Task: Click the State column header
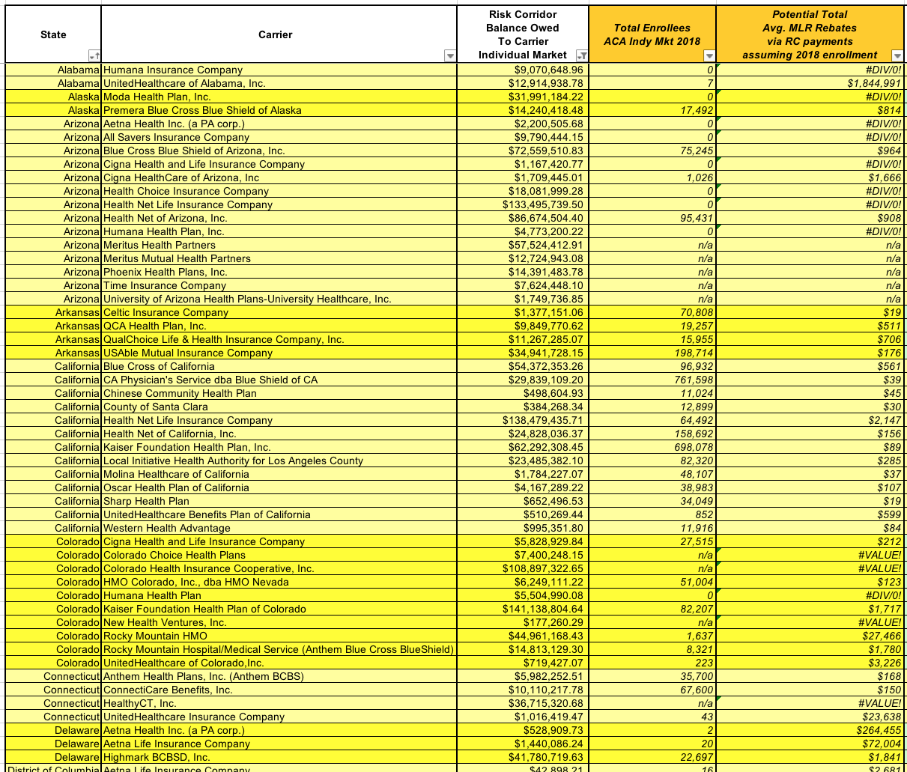coord(53,34)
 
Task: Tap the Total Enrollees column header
coord(652,34)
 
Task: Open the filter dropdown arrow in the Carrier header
coord(449,56)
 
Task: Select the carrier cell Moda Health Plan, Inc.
coord(157,97)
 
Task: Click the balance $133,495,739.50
coord(543,204)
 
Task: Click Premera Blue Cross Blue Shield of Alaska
coord(202,110)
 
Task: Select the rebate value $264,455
coord(877,730)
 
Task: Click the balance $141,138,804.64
coord(543,609)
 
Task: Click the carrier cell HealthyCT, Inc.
coord(140,703)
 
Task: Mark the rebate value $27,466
coord(880,636)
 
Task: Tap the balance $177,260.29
coord(553,622)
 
